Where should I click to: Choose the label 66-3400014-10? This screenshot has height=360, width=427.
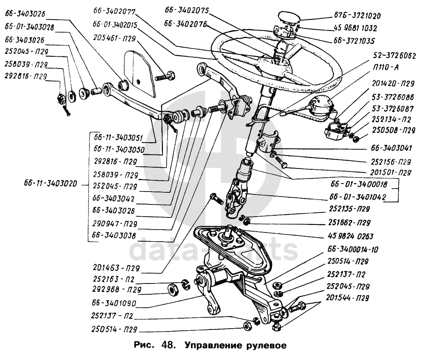point(353,250)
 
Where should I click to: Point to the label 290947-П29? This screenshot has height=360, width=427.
point(115,224)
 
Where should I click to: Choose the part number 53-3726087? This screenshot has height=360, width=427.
point(390,108)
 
